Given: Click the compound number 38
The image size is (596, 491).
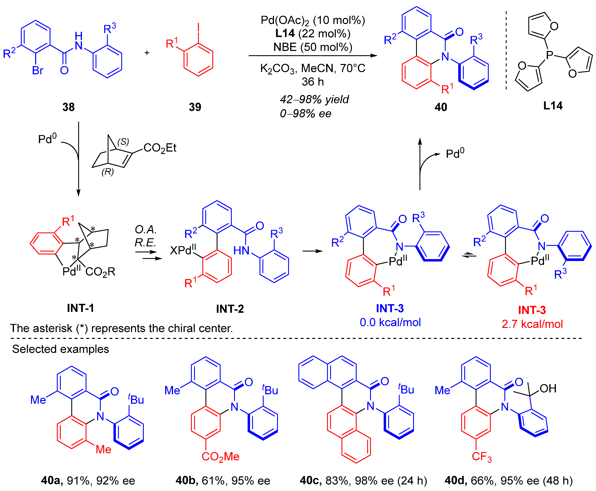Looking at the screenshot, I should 69,107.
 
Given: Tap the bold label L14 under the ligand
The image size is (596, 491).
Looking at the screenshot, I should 553,106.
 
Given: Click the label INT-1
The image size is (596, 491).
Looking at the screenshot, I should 80,308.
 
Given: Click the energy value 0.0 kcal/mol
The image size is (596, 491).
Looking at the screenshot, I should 390,322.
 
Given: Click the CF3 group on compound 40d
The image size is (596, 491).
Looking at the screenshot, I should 482,456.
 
